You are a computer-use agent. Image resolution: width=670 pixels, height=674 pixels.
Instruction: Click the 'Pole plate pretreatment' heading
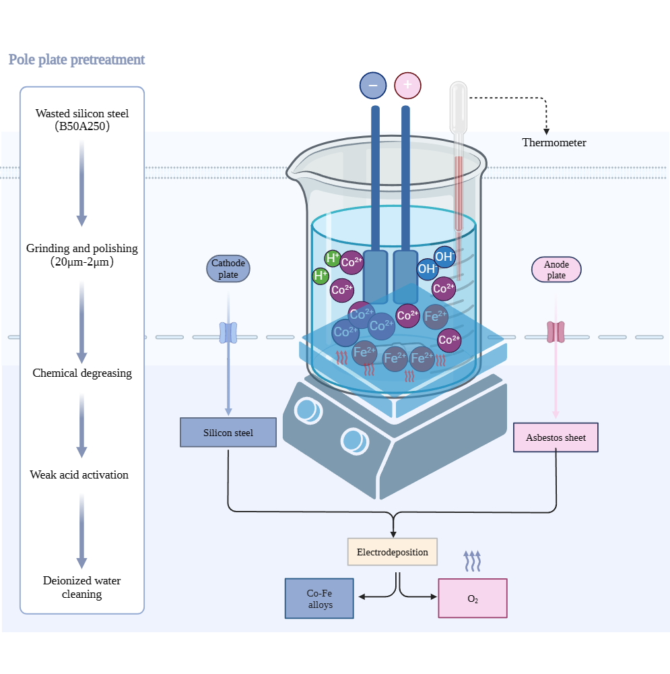pos(77,59)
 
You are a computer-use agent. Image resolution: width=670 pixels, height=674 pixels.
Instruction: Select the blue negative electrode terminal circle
pos(373,86)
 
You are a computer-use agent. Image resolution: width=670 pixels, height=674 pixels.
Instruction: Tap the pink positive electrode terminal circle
pos(407,86)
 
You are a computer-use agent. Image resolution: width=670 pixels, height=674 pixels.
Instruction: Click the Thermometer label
pos(554,143)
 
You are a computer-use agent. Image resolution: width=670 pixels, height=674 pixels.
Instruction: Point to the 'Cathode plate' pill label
pos(228,269)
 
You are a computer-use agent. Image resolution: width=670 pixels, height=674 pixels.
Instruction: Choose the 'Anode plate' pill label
pos(556,269)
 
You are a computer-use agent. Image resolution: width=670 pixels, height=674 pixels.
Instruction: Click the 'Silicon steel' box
pos(228,433)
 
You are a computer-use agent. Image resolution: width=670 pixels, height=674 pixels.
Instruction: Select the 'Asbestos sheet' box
pos(556,437)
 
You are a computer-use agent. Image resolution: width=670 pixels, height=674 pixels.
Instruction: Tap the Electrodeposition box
pos(393,552)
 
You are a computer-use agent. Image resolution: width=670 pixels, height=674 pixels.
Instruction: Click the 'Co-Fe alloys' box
pos(320,599)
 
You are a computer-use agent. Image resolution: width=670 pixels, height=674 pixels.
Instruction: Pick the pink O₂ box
pos(473,599)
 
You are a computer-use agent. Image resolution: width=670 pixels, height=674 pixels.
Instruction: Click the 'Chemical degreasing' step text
pos(82,373)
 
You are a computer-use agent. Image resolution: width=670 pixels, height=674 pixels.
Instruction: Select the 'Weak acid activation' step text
pos(79,474)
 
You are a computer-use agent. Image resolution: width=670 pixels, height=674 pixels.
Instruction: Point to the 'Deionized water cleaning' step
pos(82,587)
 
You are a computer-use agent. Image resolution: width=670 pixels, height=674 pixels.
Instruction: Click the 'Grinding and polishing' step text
pos(82,255)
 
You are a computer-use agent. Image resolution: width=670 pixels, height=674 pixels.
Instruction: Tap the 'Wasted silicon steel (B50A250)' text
pos(82,119)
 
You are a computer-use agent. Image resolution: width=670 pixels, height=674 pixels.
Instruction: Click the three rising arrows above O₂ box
pos(473,560)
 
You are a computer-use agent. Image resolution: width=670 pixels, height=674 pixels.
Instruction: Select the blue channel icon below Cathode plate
pos(229,332)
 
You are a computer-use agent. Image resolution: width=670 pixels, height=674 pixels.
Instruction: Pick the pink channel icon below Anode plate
pos(556,332)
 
